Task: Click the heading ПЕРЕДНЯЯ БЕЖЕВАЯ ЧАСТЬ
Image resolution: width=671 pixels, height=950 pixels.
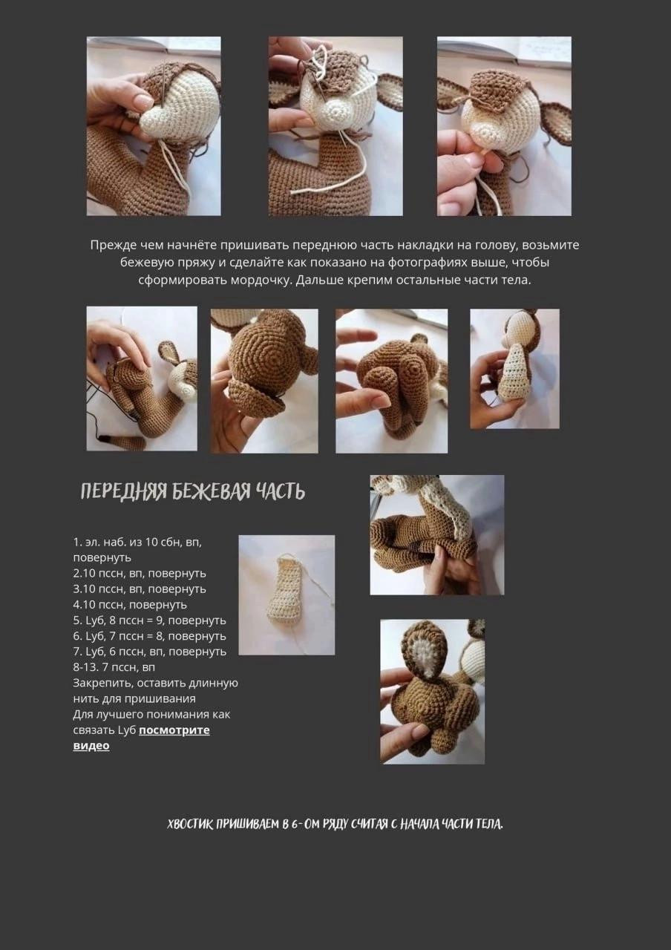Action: coord(192,491)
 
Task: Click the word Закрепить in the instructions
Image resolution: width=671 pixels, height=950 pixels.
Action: coord(97,683)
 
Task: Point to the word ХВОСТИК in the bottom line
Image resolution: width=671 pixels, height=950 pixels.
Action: coord(191,825)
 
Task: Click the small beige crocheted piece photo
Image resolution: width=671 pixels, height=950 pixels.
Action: coord(286,594)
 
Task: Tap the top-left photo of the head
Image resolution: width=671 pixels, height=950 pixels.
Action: coord(154,126)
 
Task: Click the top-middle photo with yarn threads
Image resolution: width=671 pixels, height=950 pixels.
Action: coord(335,126)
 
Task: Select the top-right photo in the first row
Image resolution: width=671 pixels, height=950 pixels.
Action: coord(504,126)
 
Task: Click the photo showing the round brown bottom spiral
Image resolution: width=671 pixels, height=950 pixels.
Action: coord(264,381)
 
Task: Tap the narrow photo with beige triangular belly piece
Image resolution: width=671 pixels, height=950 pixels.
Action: coord(514,369)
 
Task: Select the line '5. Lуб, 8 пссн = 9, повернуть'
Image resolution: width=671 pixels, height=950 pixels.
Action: coord(149,620)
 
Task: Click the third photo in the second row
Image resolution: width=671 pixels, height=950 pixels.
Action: coord(391,381)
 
